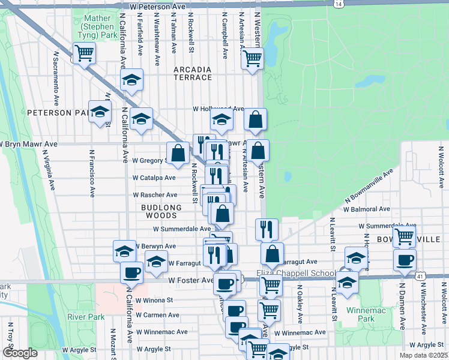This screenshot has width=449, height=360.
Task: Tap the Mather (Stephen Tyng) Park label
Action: [x=99, y=27]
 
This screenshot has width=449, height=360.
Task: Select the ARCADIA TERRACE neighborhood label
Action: [x=193, y=74]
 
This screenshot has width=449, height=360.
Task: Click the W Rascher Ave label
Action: [x=155, y=195]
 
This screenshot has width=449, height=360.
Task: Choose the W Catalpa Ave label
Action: [x=154, y=178]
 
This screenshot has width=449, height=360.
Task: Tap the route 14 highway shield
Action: [x=340, y=4]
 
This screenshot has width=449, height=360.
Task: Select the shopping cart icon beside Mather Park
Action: [x=85, y=53]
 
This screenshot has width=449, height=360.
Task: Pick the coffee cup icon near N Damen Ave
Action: [x=404, y=260]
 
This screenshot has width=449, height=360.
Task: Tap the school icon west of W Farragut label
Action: [x=156, y=261]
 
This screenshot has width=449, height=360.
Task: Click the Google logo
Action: [x=20, y=353]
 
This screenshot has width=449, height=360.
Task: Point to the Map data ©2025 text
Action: [x=423, y=355]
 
